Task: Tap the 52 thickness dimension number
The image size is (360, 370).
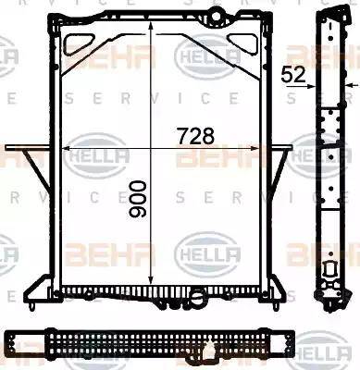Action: tap(294, 74)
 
